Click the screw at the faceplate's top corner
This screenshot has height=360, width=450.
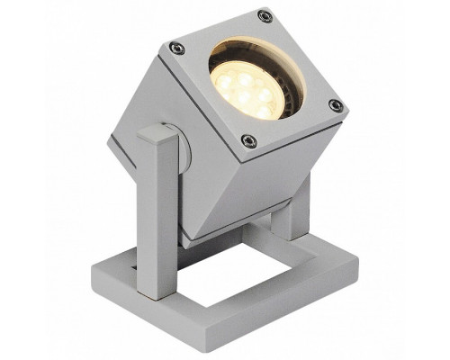[264, 16]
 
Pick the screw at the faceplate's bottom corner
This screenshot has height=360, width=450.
[249, 140]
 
